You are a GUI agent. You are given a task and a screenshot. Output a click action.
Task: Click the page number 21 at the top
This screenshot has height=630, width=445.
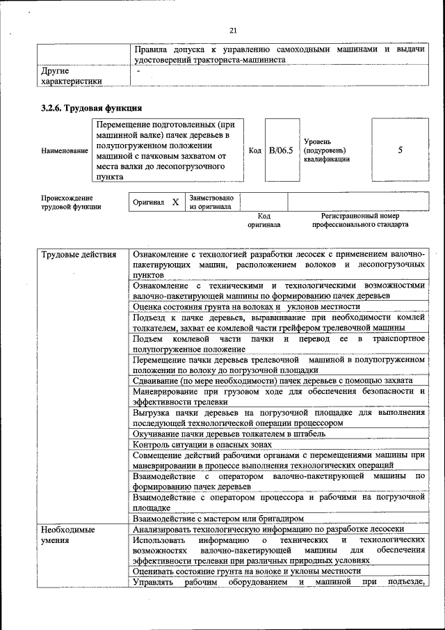(x=233, y=29)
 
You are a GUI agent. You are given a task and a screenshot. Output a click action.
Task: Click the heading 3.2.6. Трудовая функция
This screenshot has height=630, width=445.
(x=91, y=108)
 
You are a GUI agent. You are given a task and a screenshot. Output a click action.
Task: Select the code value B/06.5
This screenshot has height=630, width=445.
(x=282, y=150)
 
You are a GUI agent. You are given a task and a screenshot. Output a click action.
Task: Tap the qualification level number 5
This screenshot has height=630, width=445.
(x=400, y=150)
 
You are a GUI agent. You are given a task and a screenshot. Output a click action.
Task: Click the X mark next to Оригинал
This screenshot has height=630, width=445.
(x=175, y=202)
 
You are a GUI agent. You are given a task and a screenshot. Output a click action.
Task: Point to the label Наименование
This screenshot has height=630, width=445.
(x=65, y=150)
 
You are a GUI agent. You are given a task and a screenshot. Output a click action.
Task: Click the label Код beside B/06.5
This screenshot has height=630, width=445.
(x=255, y=150)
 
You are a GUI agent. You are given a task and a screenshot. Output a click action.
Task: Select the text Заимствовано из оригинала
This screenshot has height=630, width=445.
(x=211, y=202)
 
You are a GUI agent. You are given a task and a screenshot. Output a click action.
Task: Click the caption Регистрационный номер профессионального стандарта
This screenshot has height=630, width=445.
(x=360, y=221)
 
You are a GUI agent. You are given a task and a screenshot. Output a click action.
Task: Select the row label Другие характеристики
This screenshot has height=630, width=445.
(x=72, y=76)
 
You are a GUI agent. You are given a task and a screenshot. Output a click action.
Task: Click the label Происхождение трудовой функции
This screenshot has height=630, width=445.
(x=67, y=202)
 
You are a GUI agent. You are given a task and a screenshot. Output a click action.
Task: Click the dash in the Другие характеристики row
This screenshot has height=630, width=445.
(x=139, y=70)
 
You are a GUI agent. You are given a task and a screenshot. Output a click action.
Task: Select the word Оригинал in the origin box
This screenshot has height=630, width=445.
(x=148, y=202)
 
